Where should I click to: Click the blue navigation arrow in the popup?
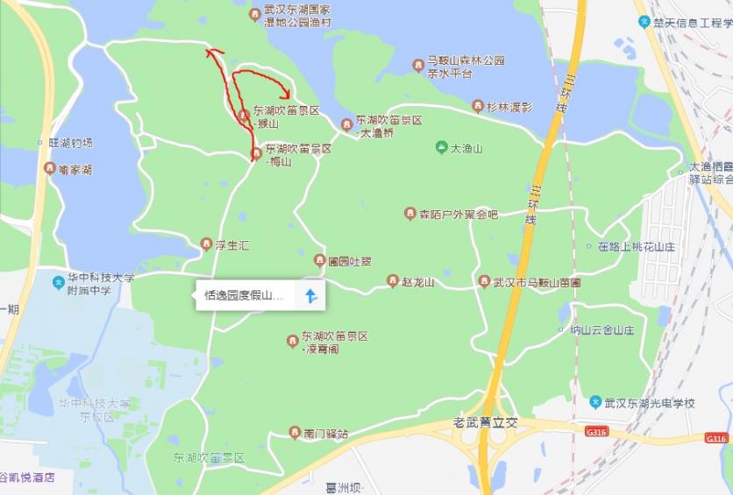(310, 295)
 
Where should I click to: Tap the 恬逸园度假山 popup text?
(244, 295)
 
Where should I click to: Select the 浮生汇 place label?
(232, 245)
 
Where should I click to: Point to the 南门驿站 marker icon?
(295, 433)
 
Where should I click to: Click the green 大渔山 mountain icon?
(442, 148)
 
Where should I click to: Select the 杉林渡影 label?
(509, 107)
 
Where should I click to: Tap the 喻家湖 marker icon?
(49, 168)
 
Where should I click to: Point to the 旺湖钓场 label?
(70, 142)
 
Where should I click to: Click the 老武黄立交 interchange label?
(486, 422)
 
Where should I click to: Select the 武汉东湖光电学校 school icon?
(596, 402)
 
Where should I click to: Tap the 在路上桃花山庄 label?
(637, 247)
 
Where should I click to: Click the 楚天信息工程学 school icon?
(644, 22)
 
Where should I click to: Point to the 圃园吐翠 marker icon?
(319, 260)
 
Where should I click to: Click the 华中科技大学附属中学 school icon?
(59, 282)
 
